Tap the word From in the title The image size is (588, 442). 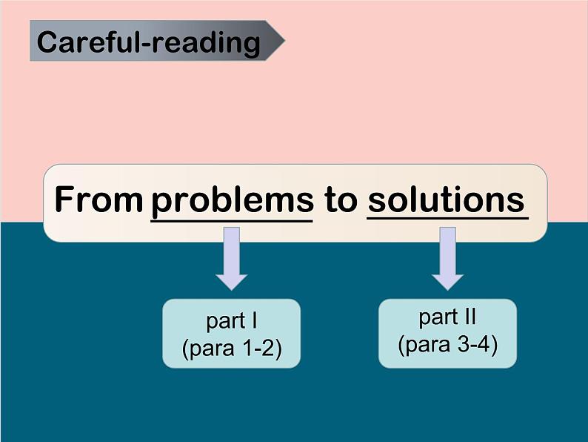(x=98, y=199)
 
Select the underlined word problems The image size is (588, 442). (x=232, y=202)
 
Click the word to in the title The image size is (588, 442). (x=341, y=200)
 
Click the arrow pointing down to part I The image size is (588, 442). (x=232, y=258)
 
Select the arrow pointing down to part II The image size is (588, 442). (x=447, y=258)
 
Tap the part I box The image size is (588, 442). (x=231, y=334)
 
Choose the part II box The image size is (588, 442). (x=447, y=334)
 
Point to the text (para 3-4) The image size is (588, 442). (x=448, y=344)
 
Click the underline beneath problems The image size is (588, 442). (x=232, y=221)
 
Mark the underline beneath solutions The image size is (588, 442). (x=448, y=217)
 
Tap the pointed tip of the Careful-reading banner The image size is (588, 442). (x=284, y=41)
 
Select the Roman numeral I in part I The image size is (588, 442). (x=254, y=320)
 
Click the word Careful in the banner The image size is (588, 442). (x=87, y=42)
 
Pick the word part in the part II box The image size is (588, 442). (x=437, y=317)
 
